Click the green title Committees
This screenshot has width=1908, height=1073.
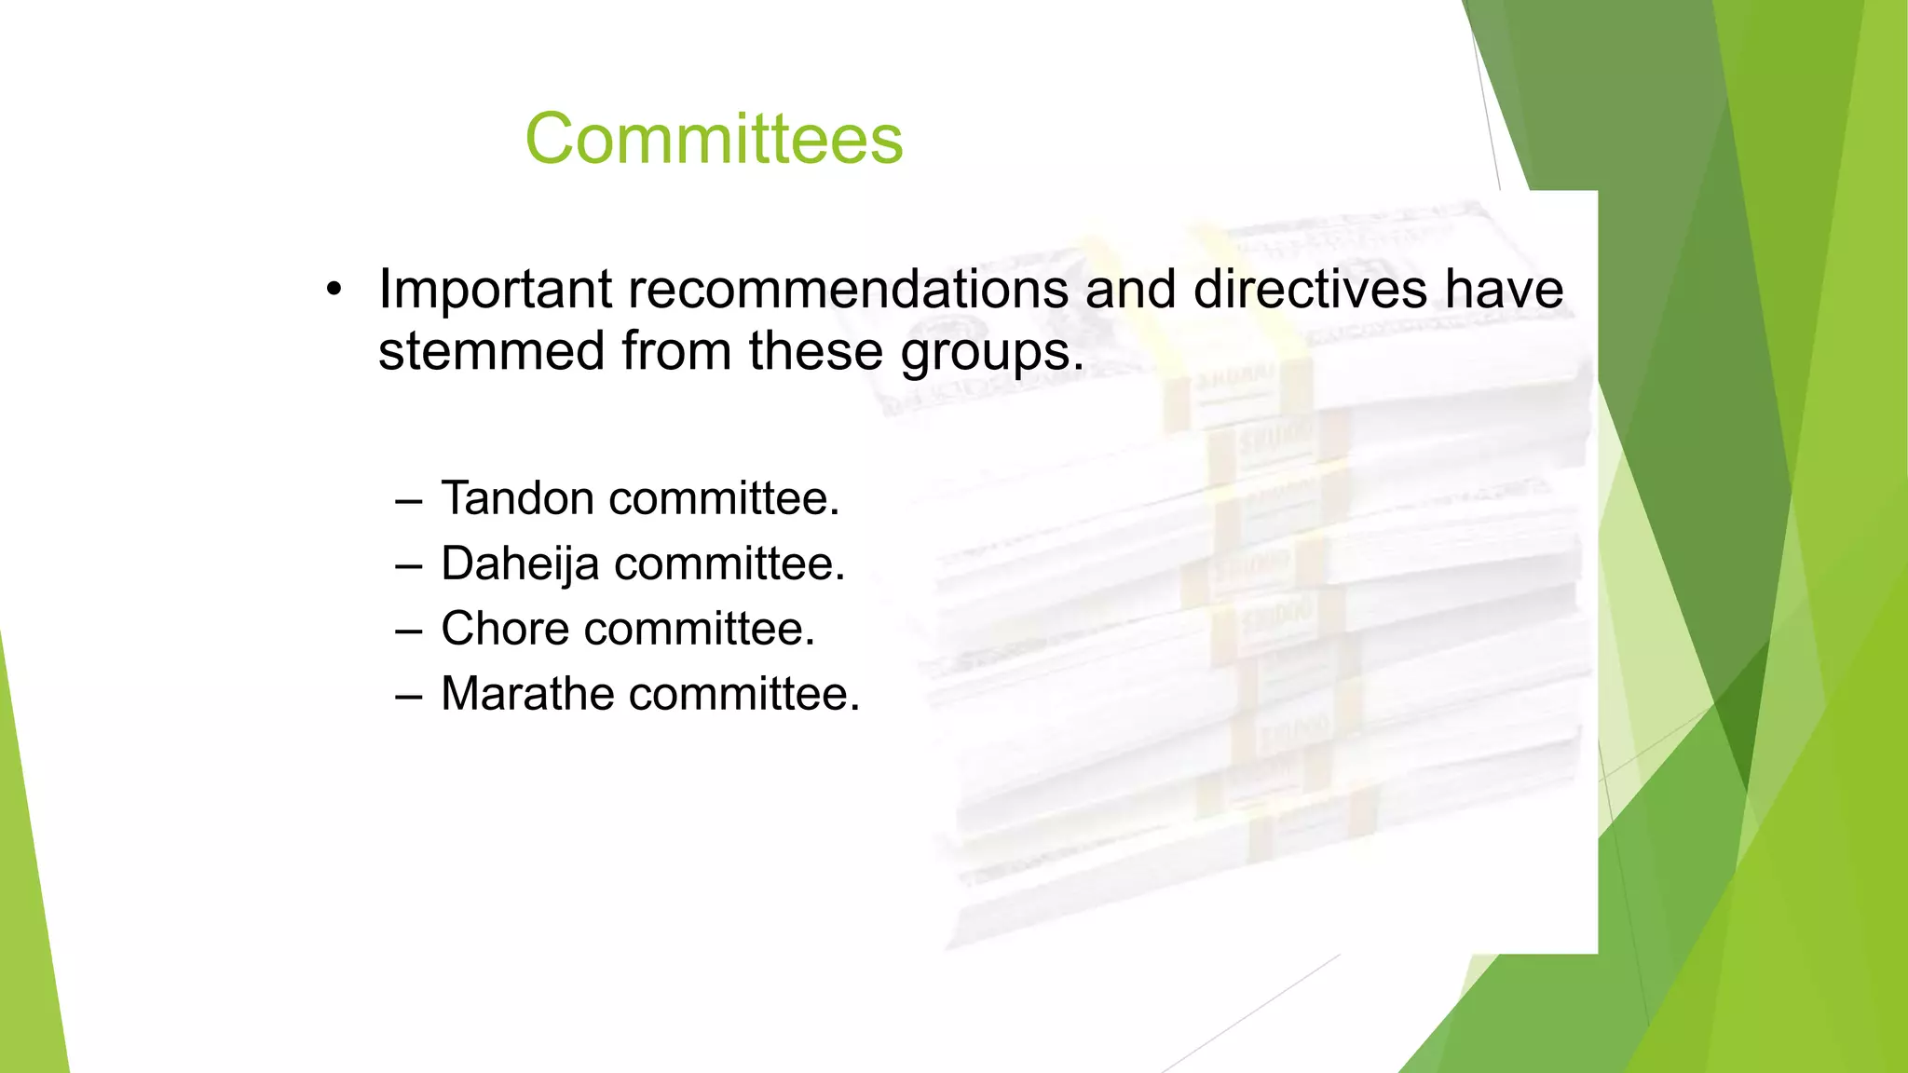714,139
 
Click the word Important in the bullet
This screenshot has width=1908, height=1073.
495,289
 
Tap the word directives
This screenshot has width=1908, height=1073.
1310,289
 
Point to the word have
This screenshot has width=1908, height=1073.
1504,289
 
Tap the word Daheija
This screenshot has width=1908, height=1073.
519,564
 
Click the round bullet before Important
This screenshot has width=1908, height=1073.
334,291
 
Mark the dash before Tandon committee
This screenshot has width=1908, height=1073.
408,501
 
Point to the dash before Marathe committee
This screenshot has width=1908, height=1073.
408,697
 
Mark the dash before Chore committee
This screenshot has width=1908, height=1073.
408,632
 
